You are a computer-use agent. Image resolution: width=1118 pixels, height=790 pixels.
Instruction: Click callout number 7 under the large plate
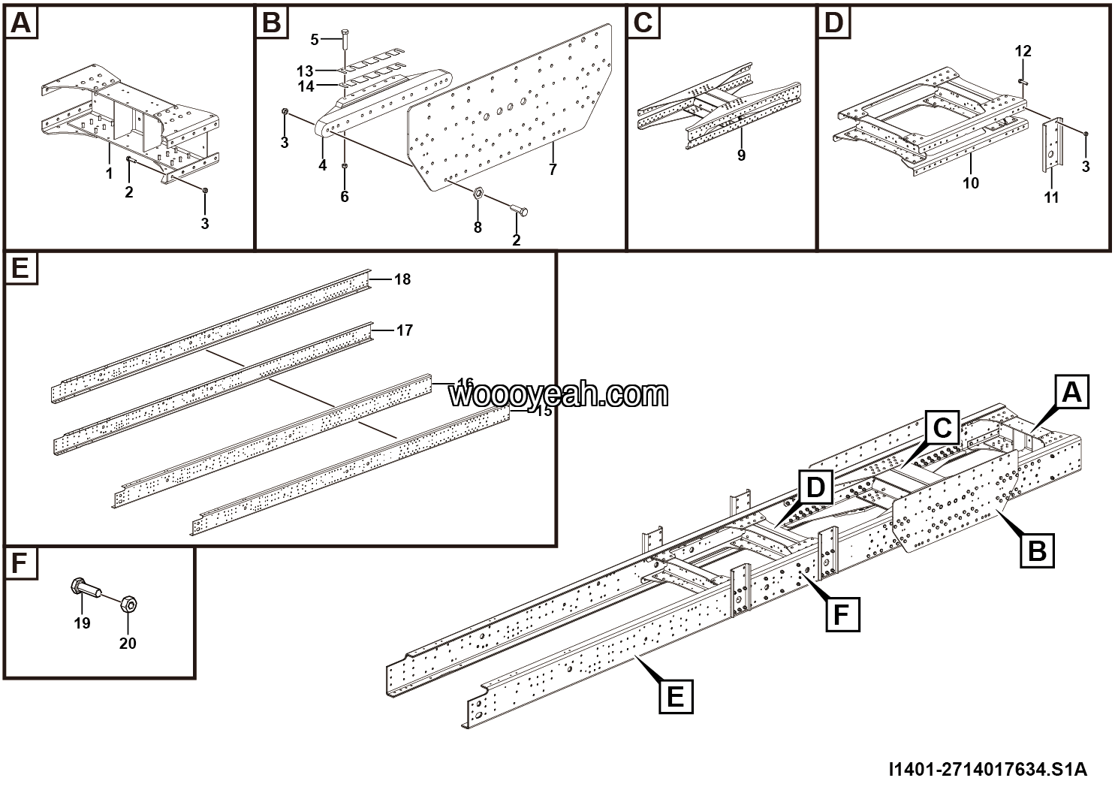[x=553, y=170]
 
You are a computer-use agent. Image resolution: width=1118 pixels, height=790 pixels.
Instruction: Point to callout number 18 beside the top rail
[x=402, y=279]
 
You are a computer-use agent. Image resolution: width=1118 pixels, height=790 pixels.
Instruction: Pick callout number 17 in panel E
[x=405, y=330]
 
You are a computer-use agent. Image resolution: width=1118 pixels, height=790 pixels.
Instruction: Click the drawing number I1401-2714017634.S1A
[x=987, y=770]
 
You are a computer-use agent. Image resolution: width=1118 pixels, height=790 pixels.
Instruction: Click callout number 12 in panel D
[x=1023, y=51]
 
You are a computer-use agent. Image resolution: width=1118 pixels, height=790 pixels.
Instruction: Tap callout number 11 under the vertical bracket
[x=1051, y=197]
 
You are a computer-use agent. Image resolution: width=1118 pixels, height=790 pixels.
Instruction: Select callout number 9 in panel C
[x=741, y=155]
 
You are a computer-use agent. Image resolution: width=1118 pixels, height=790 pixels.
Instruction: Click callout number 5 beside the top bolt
[x=315, y=39]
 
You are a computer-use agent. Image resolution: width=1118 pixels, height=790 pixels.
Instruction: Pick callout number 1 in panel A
[x=109, y=173]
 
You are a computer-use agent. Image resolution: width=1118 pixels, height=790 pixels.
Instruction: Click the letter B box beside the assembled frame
[x=1036, y=551]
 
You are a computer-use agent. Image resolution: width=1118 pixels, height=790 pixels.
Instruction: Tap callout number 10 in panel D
[x=971, y=182]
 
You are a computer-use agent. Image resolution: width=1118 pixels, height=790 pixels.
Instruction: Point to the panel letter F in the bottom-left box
[x=20, y=565]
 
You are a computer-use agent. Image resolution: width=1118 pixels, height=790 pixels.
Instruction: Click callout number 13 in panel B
[x=305, y=71]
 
